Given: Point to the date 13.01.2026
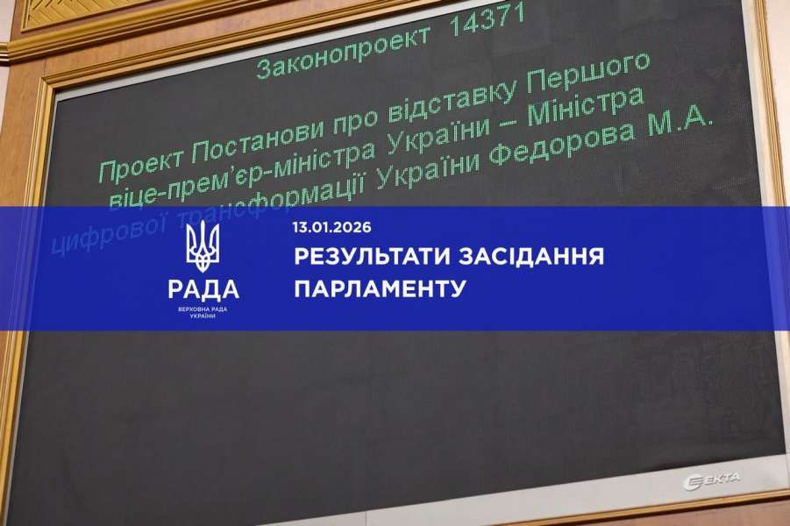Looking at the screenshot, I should point(332,228).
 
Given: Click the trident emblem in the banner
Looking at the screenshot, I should point(203,248).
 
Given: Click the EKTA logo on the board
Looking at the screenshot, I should point(711,479).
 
